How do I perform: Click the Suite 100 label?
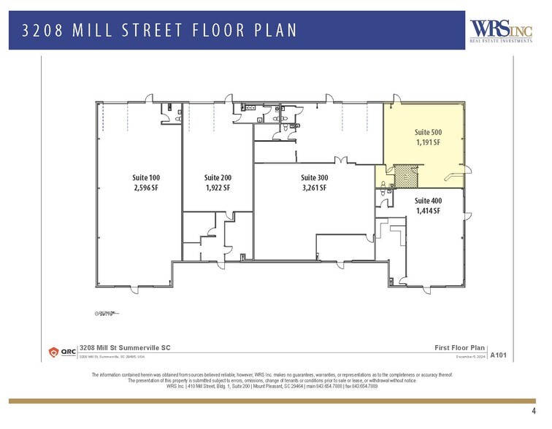(x=145, y=178)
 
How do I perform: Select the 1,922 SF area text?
(x=218, y=188)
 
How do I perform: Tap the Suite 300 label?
(x=315, y=177)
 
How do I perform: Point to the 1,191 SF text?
(x=428, y=142)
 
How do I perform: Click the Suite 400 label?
(x=428, y=201)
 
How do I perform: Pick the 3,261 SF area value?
(x=315, y=188)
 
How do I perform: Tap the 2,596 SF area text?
(x=145, y=188)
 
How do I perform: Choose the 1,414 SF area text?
(x=428, y=211)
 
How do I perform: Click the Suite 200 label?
(x=218, y=177)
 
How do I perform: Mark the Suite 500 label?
(x=428, y=132)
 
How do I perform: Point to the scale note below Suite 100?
(x=107, y=314)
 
